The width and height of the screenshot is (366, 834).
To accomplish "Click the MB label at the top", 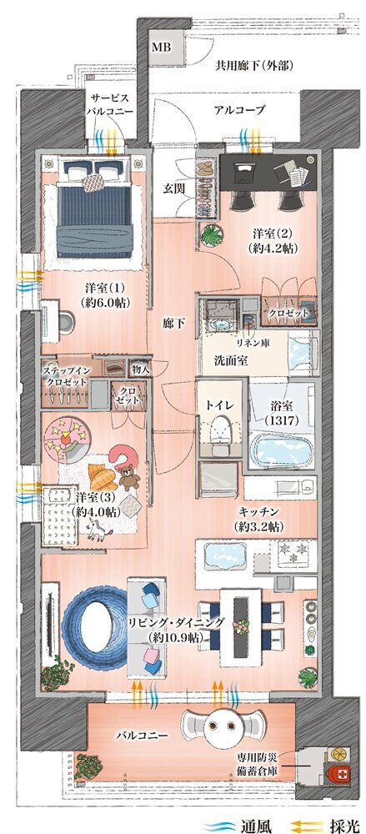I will click(x=160, y=47).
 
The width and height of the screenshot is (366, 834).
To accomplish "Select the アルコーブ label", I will click(x=239, y=110).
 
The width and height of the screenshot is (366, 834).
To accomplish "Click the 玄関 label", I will click(x=174, y=187).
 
